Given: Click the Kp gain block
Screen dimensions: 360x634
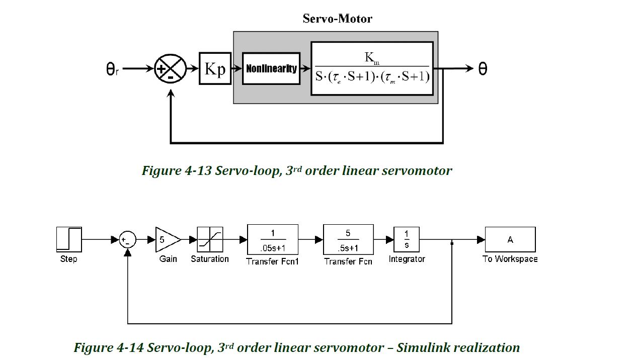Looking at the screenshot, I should click(x=215, y=68).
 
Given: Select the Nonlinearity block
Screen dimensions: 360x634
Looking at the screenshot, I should click(x=271, y=68).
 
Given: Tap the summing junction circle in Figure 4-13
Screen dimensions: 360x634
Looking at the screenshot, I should click(x=170, y=69).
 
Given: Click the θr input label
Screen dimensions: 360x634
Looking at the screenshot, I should click(x=112, y=69).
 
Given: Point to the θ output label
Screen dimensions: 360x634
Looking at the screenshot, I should click(x=482, y=69).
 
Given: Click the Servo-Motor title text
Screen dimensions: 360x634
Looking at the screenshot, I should click(x=337, y=19).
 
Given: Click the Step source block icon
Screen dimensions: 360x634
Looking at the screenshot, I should click(x=69, y=240).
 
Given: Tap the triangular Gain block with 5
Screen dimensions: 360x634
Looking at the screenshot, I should click(x=167, y=240).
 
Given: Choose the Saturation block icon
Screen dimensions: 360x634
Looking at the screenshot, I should click(x=210, y=240).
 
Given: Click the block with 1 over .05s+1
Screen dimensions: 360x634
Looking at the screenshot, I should click(x=273, y=240).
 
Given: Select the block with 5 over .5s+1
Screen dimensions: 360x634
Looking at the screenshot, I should click(x=348, y=240).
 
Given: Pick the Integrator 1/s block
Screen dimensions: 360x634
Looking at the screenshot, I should click(x=407, y=240).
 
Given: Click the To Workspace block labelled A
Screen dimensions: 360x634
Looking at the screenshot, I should click(x=510, y=240).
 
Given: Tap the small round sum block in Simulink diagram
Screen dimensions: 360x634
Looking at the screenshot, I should click(x=128, y=240).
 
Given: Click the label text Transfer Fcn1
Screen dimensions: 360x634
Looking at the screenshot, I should click(x=272, y=261).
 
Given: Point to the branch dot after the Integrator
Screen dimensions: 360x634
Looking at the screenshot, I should click(x=452, y=243).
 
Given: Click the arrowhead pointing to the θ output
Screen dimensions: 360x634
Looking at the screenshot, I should click(x=469, y=69).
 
